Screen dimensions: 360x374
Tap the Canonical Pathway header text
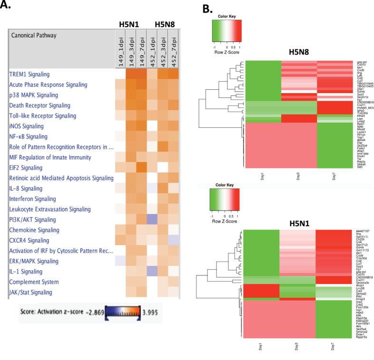(x=34, y=35)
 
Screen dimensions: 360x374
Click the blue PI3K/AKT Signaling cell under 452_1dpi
(x=152, y=219)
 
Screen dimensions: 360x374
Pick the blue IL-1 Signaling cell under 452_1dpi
(x=152, y=271)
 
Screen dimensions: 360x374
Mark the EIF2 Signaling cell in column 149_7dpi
(x=142, y=168)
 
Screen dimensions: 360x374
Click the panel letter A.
(x=7, y=6)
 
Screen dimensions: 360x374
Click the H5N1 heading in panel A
(x=130, y=23)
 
